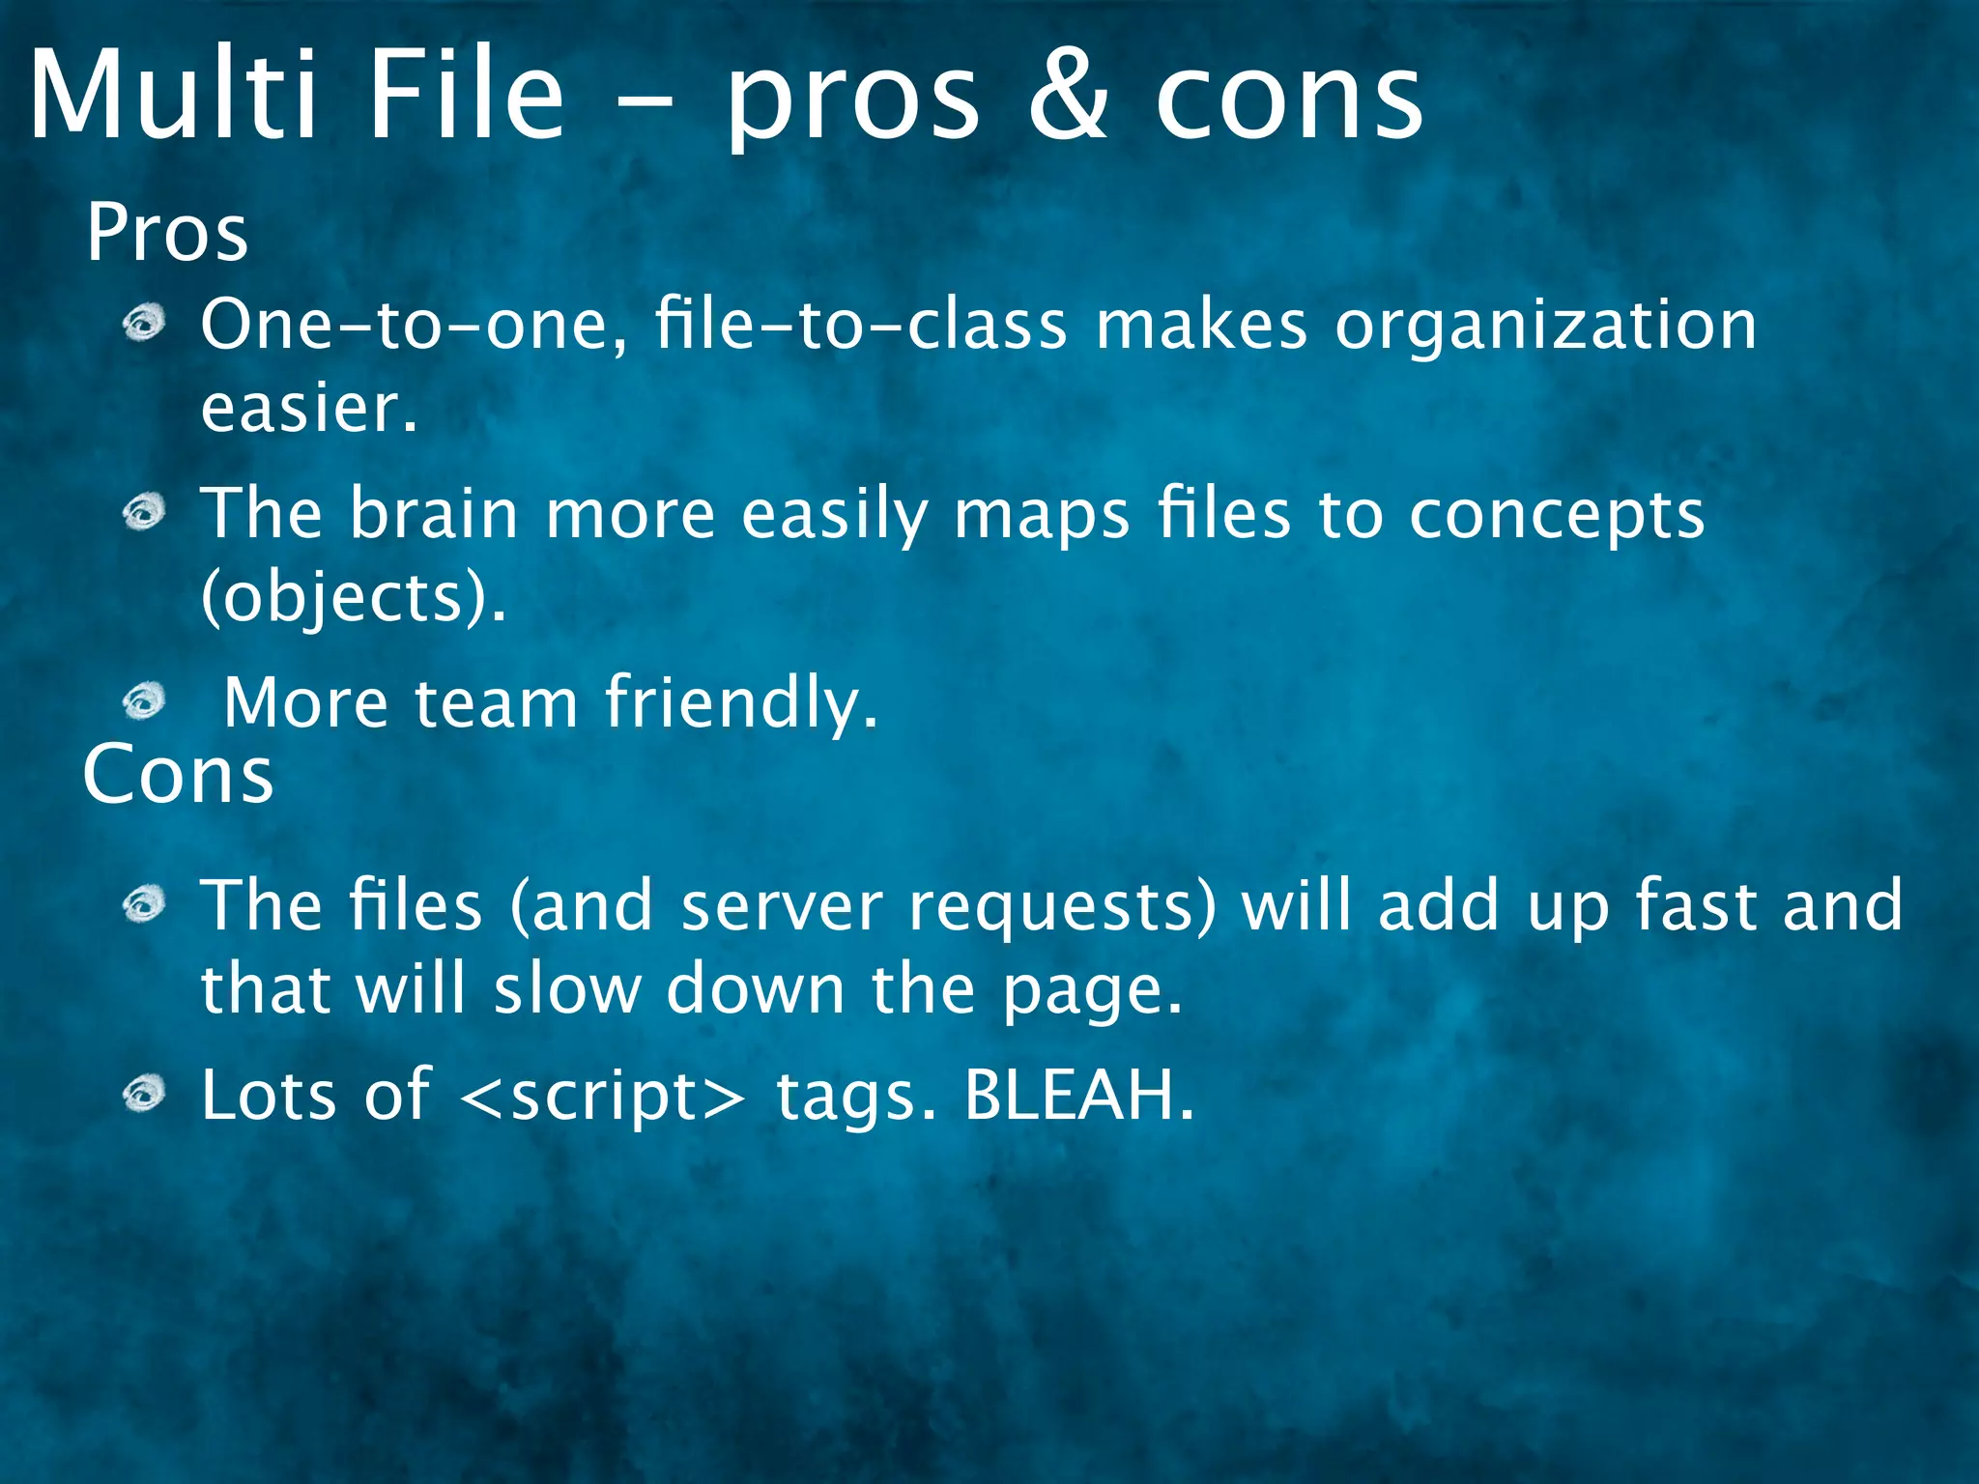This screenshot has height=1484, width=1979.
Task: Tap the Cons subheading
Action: pos(179,775)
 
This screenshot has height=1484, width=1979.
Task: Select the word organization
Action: pos(1545,325)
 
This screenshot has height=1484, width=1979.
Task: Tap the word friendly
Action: pos(742,702)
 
